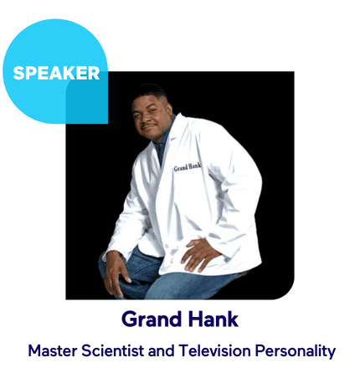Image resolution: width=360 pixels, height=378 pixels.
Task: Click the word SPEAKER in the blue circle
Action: pyautogui.click(x=56, y=73)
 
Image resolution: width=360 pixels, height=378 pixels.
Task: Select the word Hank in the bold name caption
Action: pyautogui.click(x=212, y=319)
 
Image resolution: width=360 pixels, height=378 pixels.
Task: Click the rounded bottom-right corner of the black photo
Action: pyautogui.click(x=285, y=289)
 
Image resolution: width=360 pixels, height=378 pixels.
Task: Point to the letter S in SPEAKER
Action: pyautogui.click(x=18, y=74)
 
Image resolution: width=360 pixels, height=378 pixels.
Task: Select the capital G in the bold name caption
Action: pyautogui.click(x=129, y=319)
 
